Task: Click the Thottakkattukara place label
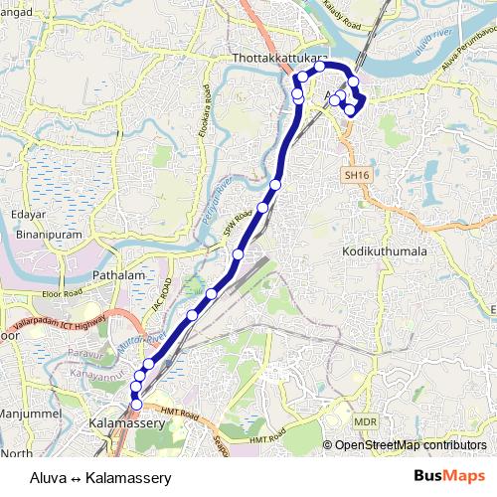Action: pos(279,59)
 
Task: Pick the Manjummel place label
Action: pos(31,413)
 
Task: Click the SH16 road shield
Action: pos(357,175)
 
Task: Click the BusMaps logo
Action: pos(449,476)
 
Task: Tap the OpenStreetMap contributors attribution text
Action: pos(411,445)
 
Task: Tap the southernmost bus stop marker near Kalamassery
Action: pos(136,405)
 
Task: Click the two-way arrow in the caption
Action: pos(76,477)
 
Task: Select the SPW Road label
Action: pos(235,228)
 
